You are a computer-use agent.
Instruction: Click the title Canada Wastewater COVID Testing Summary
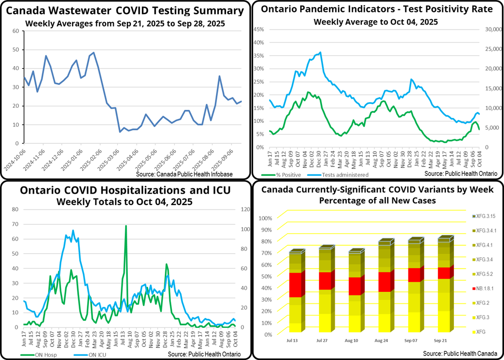125,11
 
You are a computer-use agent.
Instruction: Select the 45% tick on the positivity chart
259,29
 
